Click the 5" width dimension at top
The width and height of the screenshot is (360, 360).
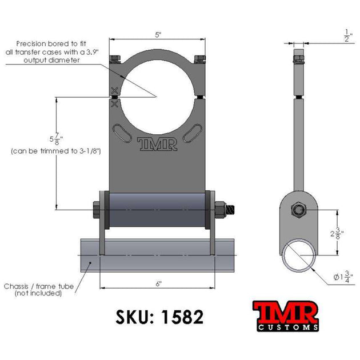[158, 35]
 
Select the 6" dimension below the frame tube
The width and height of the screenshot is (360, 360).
[158, 283]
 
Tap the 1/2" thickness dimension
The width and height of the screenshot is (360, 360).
[347, 35]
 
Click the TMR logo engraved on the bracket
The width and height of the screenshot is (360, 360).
[157, 143]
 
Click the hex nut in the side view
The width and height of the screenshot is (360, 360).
[299, 210]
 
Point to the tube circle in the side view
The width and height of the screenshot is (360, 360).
[299, 256]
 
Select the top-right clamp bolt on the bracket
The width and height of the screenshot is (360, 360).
[199, 59]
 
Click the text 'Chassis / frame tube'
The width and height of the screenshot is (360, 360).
[34, 286]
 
